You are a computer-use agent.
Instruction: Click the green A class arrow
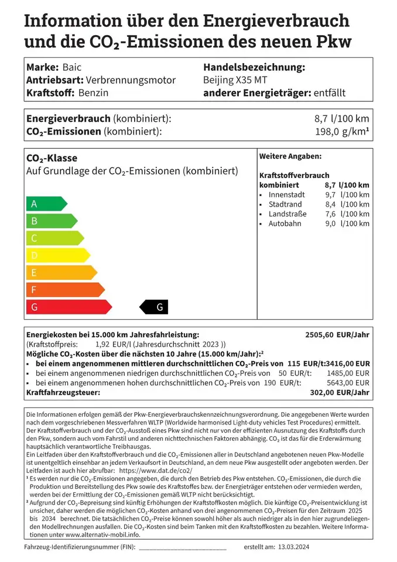(x=46, y=204)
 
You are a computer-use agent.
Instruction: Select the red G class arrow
(x=67, y=307)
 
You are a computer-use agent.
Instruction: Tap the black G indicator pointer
(x=155, y=307)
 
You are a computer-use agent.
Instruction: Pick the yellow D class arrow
(x=57, y=255)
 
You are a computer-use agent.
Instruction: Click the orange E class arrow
(x=60, y=272)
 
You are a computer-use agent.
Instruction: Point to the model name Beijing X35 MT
(x=234, y=80)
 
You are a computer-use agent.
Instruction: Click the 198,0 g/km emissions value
(x=342, y=132)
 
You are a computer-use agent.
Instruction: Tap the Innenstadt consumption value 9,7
(x=330, y=194)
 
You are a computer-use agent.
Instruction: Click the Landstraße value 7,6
(x=330, y=214)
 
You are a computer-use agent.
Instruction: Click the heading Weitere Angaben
(x=290, y=157)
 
